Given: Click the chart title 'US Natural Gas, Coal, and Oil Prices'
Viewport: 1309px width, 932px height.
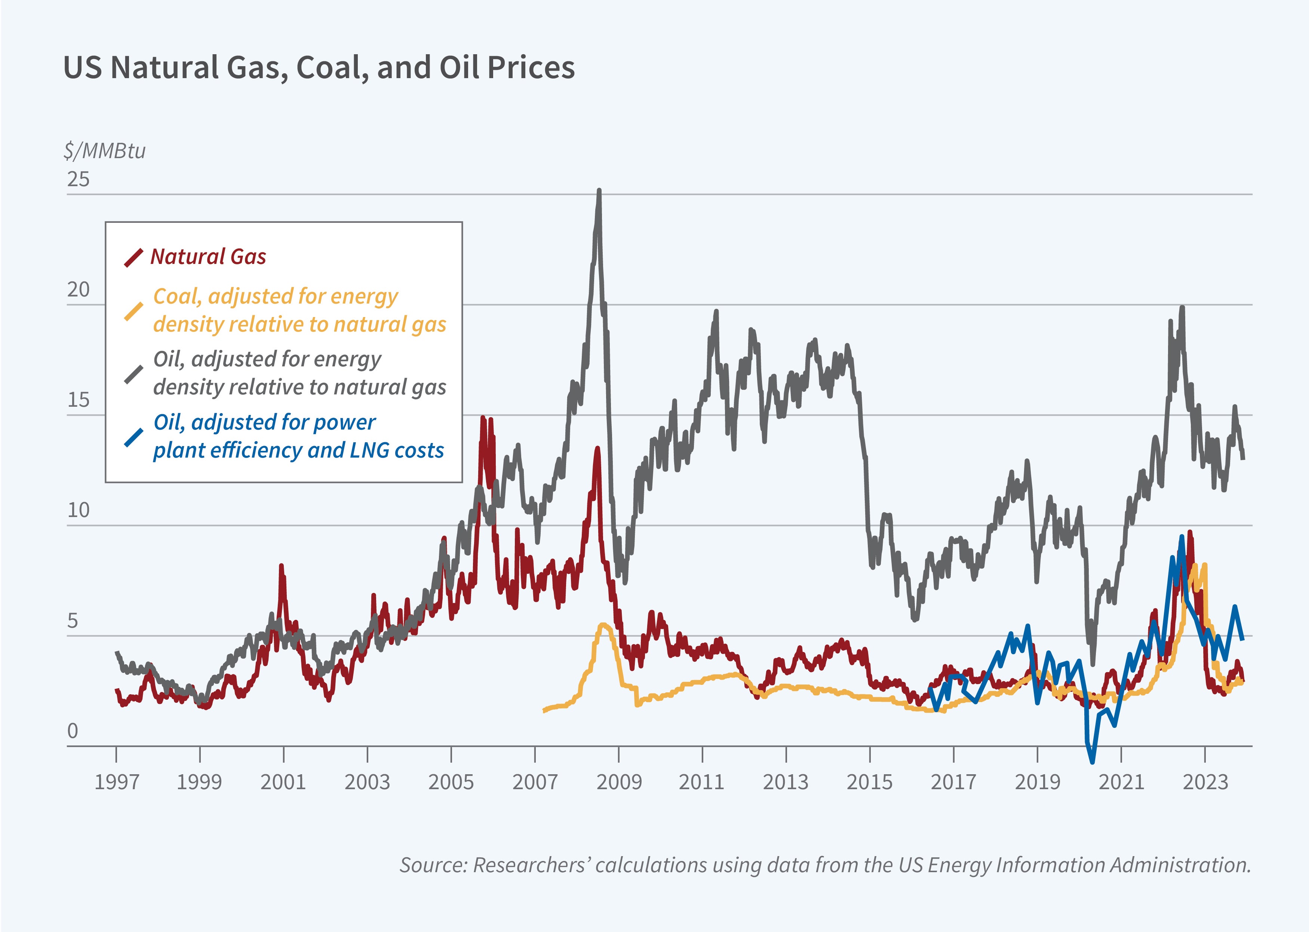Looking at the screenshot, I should point(319,67).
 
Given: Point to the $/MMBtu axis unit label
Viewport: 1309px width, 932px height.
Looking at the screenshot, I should point(104,151).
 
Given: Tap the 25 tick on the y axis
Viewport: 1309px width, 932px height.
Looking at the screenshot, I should point(79,179).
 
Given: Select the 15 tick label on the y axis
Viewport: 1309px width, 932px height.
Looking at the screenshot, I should point(79,400).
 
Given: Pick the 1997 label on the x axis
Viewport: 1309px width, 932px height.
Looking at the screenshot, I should point(117,782).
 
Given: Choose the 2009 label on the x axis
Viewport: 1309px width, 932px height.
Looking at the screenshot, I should point(619,782).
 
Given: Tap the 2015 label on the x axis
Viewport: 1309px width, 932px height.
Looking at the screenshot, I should point(869,782).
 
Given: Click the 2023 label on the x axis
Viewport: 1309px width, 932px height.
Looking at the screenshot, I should point(1205,782).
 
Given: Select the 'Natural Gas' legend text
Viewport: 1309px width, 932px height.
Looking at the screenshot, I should point(208,256).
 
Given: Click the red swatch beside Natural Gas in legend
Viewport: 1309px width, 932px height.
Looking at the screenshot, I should point(133,258).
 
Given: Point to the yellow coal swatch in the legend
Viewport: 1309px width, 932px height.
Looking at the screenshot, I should point(133,311).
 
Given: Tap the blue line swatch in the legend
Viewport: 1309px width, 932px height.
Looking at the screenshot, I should point(133,437).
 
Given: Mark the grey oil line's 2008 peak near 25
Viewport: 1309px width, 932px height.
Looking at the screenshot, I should point(599,191).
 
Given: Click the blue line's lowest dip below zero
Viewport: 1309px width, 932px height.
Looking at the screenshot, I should point(1091,762).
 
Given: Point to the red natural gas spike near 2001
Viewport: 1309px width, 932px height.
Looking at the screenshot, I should point(281,566).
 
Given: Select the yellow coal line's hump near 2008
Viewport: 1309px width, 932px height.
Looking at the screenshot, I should point(604,624).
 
